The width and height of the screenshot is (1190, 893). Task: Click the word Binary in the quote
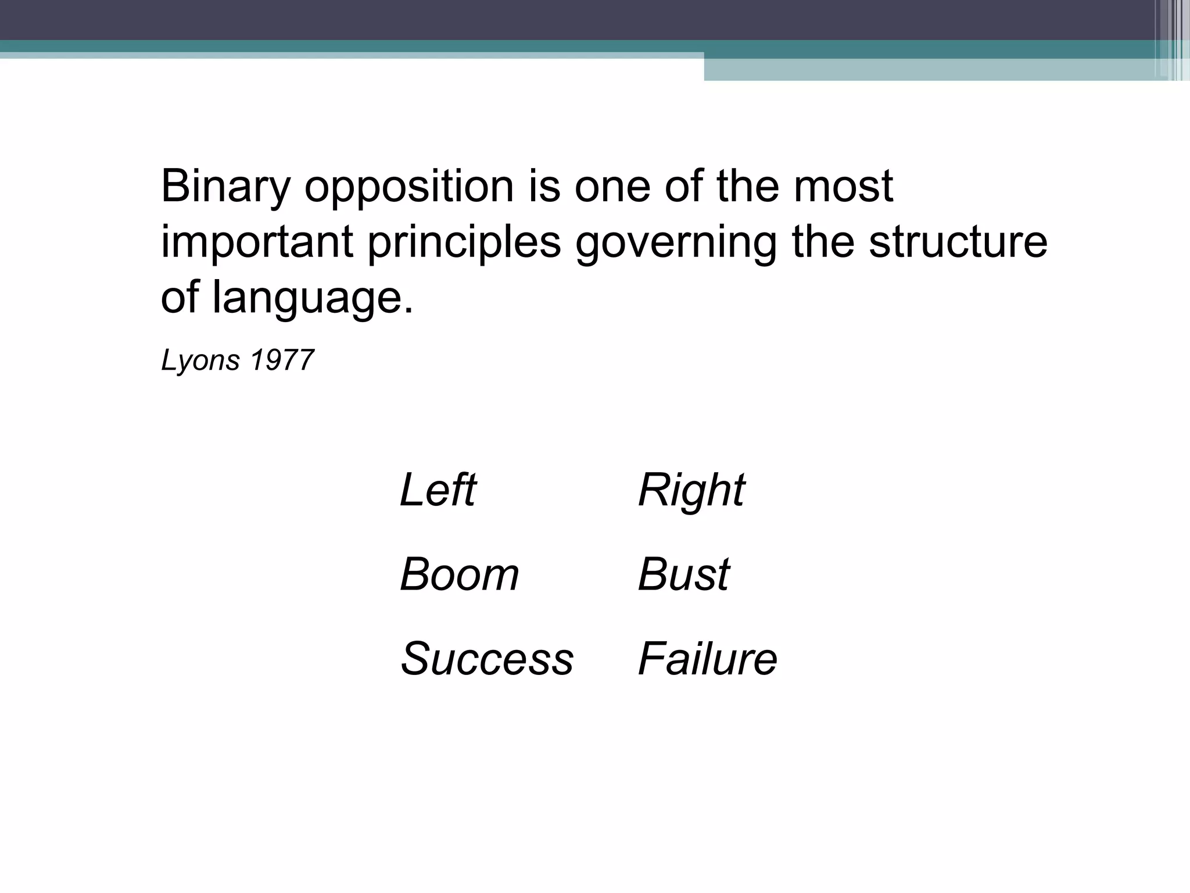click(225, 188)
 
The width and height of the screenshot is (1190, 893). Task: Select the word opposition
click(409, 188)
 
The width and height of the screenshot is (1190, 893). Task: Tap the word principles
click(464, 243)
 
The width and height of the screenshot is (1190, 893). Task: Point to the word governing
click(676, 243)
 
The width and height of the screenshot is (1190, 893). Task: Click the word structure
click(958, 242)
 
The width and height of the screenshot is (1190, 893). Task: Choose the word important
click(257, 243)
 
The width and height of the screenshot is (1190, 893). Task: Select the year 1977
click(282, 360)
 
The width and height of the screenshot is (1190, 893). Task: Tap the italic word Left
click(438, 490)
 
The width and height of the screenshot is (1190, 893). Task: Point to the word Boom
click(459, 574)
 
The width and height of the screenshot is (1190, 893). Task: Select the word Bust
click(683, 574)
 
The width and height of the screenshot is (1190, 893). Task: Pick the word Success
click(487, 659)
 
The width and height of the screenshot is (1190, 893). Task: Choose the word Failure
click(707, 659)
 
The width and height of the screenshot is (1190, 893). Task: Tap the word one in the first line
click(612, 188)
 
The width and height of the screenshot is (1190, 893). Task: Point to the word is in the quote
click(544, 187)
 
